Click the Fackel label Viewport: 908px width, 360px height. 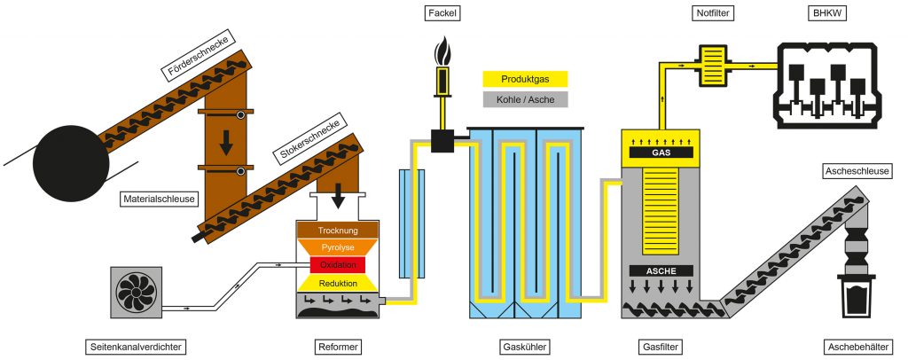[x=442, y=13]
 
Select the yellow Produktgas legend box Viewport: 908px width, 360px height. [x=524, y=79]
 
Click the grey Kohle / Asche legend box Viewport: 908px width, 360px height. [x=524, y=98]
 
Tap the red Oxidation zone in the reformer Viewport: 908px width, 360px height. [x=337, y=265]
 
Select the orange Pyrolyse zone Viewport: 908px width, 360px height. [x=337, y=247]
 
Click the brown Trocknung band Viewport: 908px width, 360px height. [x=337, y=230]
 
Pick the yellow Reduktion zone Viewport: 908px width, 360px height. [x=337, y=283]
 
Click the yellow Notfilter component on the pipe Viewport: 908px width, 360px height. [x=713, y=66]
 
